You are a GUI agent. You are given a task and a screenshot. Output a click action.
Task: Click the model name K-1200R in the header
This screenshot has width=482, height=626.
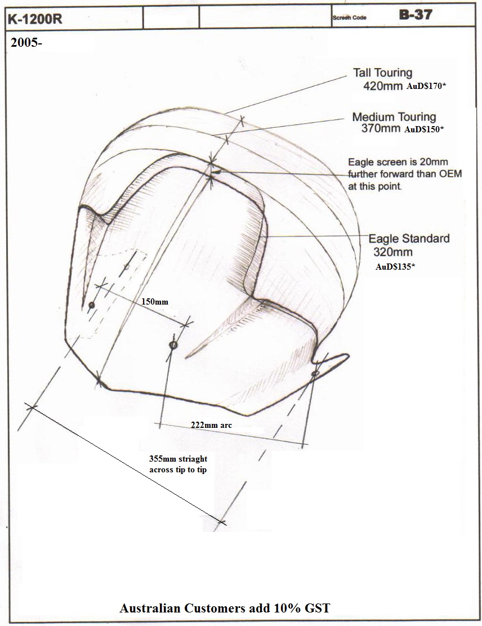click(x=35, y=19)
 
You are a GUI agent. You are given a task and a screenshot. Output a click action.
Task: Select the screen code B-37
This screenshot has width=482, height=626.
click(x=416, y=15)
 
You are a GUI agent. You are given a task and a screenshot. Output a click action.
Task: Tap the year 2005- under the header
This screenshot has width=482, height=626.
click(x=26, y=42)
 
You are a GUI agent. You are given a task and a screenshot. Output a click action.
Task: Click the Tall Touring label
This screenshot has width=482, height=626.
click(x=382, y=73)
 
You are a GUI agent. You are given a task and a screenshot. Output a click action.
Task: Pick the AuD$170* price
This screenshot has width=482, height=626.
click(x=426, y=86)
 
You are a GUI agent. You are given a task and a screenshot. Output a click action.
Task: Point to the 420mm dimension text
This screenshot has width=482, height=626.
click(x=382, y=86)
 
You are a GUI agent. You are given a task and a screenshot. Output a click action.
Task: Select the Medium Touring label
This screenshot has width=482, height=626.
click(x=394, y=117)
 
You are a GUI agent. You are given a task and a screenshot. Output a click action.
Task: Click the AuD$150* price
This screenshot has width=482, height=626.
click(x=424, y=129)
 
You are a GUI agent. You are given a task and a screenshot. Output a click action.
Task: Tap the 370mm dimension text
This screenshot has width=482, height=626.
click(x=381, y=128)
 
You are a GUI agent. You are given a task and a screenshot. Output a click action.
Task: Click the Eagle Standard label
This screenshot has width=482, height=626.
click(x=409, y=238)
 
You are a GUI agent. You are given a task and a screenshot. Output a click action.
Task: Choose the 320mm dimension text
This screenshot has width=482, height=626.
click(x=393, y=252)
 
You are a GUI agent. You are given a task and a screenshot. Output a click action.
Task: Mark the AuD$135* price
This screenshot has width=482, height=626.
click(x=395, y=267)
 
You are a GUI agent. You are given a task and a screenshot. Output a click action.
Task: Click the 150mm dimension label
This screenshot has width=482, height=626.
click(x=155, y=301)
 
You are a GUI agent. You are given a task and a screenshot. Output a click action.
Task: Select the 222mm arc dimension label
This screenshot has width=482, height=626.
click(x=211, y=425)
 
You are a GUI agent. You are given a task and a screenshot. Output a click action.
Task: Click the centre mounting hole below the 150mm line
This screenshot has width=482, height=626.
click(x=173, y=345)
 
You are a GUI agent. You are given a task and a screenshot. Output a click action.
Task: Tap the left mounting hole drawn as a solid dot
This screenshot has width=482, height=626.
click(x=91, y=305)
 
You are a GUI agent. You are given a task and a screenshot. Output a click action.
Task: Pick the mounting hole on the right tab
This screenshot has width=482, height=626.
click(x=315, y=373)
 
